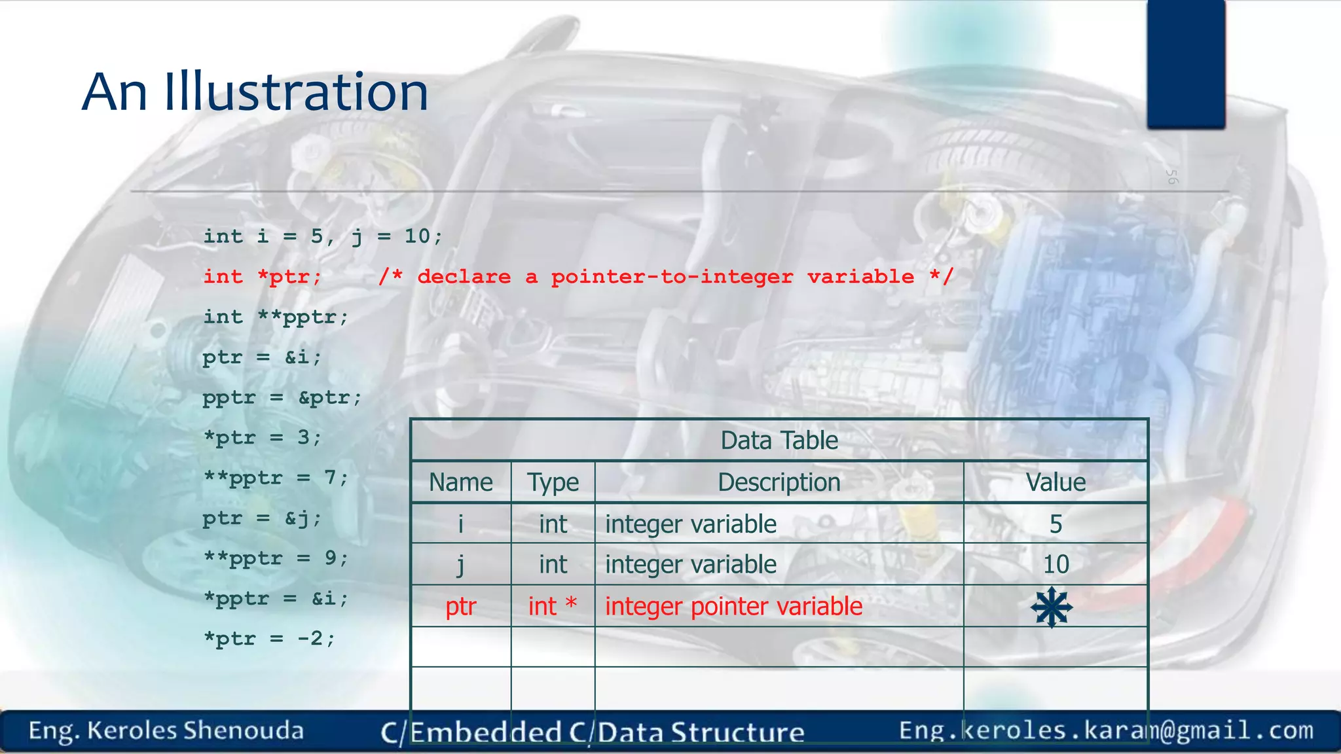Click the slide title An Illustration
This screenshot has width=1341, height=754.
[255, 92]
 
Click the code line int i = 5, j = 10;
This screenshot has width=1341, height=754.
[323, 236]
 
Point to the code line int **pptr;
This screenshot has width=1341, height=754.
[276, 317]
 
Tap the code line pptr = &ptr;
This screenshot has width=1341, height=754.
[282, 398]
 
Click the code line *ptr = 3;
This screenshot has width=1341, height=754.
[263, 438]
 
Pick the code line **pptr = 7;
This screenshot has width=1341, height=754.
[276, 478]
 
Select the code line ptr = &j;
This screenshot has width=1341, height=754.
[263, 518]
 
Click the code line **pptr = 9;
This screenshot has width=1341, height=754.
[276, 559]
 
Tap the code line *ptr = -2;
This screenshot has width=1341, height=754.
[269, 639]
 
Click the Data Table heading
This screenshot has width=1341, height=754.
[779, 440]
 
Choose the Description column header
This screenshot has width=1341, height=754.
[779, 482]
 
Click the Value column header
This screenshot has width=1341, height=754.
[1056, 482]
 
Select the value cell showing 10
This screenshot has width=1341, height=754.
[1056, 564]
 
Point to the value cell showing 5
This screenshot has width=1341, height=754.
[1056, 524]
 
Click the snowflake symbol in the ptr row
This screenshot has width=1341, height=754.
[1052, 607]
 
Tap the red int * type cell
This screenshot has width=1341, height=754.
[553, 606]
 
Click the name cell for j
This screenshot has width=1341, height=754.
[461, 564]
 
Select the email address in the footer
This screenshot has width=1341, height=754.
[1106, 730]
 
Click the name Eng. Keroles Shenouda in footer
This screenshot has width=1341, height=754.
[166, 730]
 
